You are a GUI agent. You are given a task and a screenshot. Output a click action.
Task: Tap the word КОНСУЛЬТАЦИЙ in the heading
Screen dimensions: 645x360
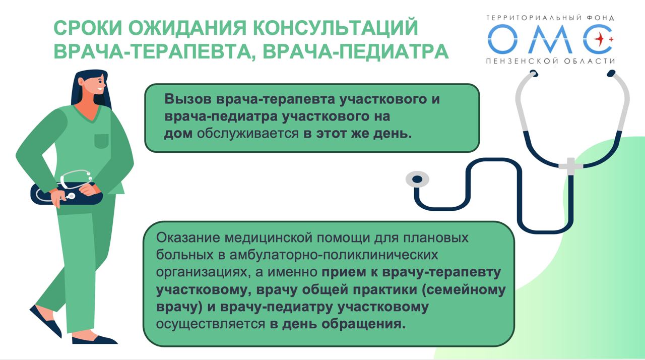point(336,27)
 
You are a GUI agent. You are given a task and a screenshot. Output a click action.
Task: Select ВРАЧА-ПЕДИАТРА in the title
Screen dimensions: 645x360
point(356,51)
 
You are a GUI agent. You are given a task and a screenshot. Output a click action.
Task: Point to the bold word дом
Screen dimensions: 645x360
point(178,134)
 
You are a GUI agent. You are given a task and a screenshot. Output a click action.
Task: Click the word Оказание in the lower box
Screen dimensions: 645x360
point(188,238)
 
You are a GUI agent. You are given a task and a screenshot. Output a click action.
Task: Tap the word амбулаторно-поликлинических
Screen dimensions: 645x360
point(334,255)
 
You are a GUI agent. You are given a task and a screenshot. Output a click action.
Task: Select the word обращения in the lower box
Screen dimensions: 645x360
point(363,324)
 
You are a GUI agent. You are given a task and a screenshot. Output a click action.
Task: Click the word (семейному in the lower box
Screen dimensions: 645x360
point(464,290)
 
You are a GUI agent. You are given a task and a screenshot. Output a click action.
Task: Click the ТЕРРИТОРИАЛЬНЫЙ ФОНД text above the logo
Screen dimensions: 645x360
point(550,18)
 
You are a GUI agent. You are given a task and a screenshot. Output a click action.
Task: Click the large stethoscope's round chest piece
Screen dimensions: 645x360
point(417,179)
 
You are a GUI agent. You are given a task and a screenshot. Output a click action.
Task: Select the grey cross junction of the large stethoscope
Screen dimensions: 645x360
point(570,166)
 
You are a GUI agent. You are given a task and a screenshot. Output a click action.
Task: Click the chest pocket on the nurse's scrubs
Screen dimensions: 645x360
point(101,141)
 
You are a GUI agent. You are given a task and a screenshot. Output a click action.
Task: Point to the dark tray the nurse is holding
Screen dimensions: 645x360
point(67,194)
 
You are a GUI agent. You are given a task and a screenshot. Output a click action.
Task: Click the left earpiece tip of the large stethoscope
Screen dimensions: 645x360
point(534,73)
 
